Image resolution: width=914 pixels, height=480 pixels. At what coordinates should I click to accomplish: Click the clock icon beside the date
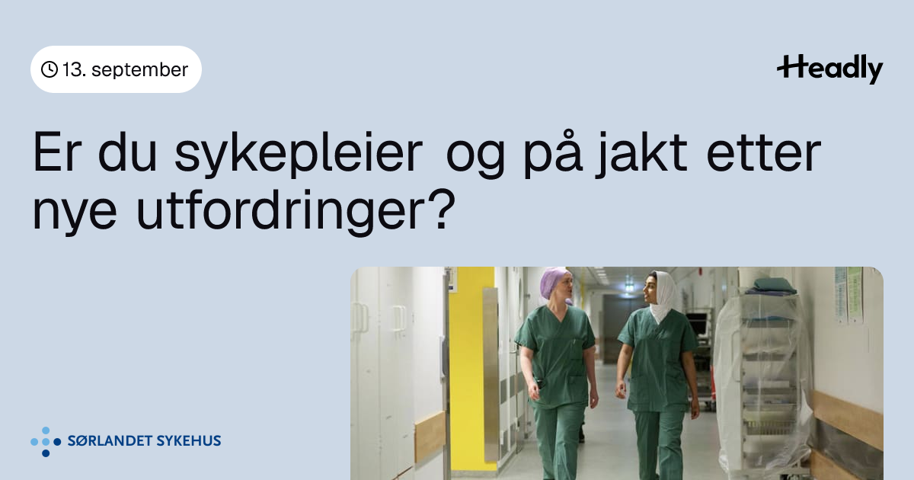coord(50,69)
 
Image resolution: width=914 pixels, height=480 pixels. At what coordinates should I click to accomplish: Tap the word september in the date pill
coord(139,70)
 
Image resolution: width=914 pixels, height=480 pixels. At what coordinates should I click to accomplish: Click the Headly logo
coord(830,69)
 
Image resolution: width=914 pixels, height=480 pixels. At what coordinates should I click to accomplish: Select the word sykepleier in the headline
coord(299,154)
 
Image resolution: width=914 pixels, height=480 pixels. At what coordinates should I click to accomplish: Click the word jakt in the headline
coord(641,154)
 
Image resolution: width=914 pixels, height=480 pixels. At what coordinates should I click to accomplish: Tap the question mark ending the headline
coord(443,210)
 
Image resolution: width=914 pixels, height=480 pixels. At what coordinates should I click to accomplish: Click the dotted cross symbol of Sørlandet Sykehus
coord(46,442)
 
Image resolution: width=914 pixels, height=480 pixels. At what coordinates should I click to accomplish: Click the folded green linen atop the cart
coord(770,286)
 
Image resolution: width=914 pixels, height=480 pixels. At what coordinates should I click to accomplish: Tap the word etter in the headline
coord(763,152)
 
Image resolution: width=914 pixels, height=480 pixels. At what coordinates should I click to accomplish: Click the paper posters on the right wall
coord(848,295)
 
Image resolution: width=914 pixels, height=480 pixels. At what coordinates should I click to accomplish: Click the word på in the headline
coord(553,154)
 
